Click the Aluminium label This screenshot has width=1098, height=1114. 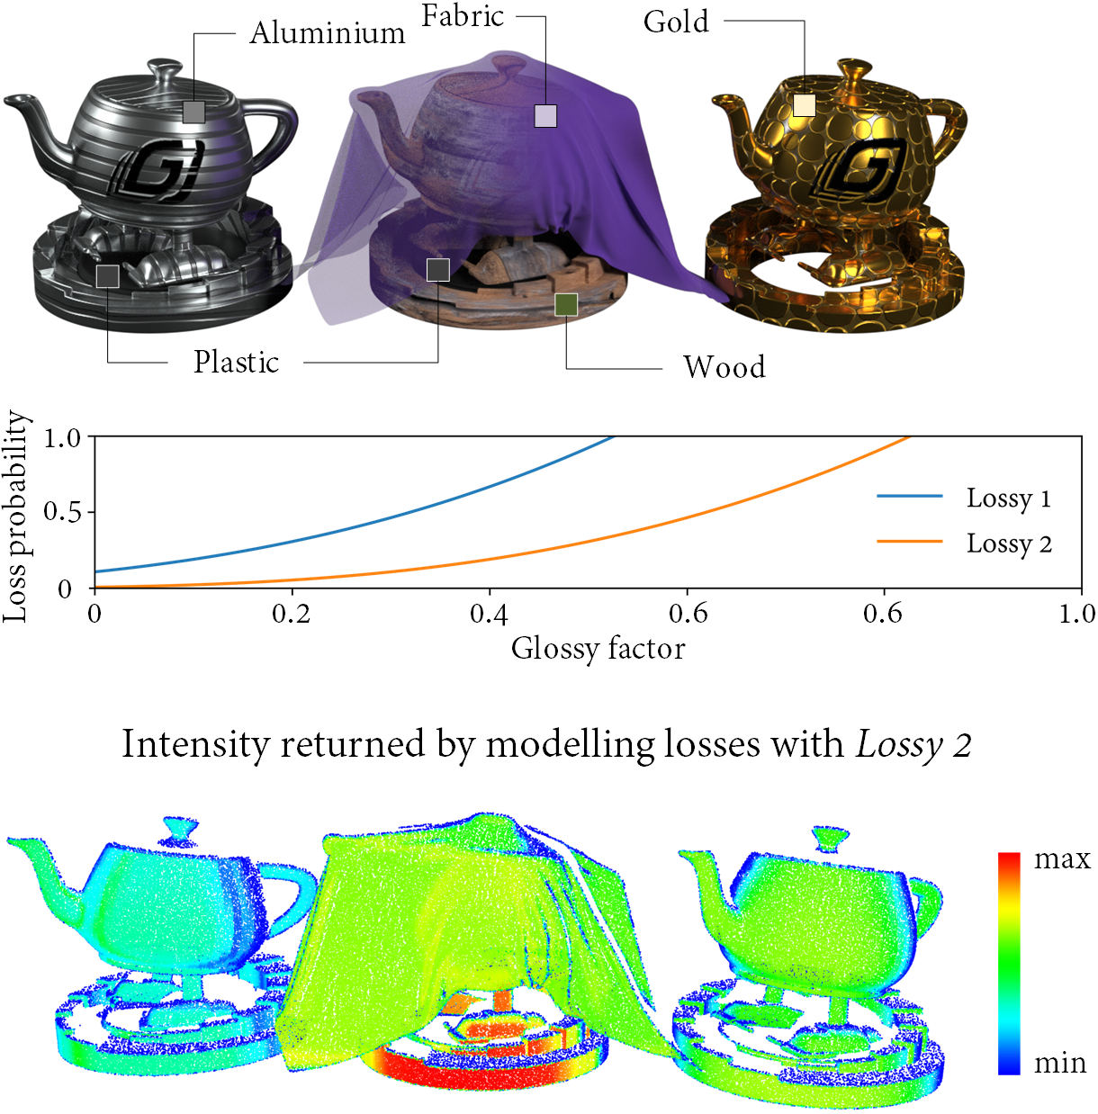pos(328,33)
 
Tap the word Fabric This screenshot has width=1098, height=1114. pos(463,16)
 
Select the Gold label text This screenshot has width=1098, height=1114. pos(676,22)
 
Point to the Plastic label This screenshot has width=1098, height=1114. pos(236,362)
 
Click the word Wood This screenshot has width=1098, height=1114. pos(724,367)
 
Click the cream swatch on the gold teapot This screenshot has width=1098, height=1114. pos(804,105)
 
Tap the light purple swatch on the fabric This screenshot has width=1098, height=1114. pos(545,115)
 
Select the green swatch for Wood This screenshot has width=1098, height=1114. pos(566,305)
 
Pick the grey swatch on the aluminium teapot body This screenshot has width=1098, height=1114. pos(193,112)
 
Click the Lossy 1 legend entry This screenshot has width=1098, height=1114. pos(1008,498)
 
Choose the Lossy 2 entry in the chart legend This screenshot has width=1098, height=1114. pos(1008,544)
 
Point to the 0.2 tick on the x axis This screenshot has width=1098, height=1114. pos(292,615)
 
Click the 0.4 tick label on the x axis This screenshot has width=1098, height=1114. pos(489,615)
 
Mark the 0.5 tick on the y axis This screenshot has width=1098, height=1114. pos(63,512)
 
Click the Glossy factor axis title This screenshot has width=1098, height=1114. pos(598,649)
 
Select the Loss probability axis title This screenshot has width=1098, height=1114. pos(16,517)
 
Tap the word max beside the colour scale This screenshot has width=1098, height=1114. pos(1062,859)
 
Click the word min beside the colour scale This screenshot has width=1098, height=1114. pos(1060,1064)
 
